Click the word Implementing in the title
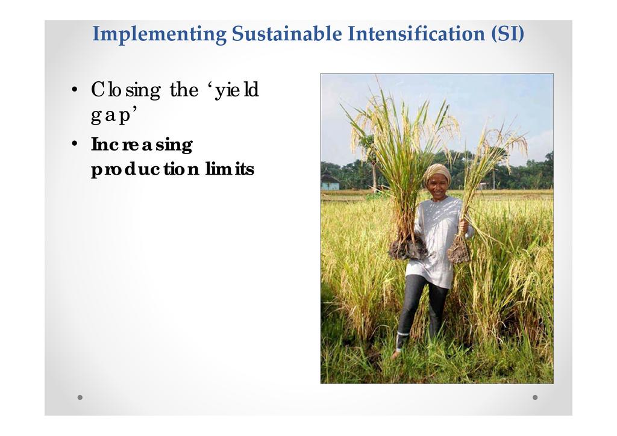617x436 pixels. [x=159, y=34]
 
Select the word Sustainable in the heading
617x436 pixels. [x=287, y=33]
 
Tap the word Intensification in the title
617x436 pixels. [x=416, y=33]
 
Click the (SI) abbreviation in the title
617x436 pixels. [x=507, y=34]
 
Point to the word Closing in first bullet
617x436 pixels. [x=126, y=91]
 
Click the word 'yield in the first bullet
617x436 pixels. [x=236, y=90]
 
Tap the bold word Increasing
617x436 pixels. [x=142, y=145]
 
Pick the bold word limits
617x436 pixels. [x=230, y=169]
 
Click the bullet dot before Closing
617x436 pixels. [x=75, y=89]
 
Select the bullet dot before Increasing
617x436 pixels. [x=75, y=143]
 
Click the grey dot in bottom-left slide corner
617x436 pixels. [x=80, y=397]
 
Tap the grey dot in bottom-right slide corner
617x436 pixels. [x=535, y=397]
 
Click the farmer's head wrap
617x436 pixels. [x=437, y=173]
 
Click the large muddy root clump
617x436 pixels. [x=408, y=249]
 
